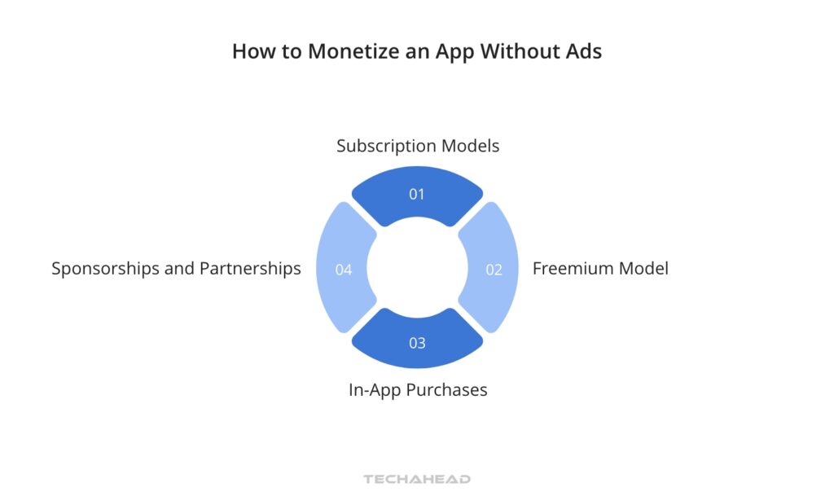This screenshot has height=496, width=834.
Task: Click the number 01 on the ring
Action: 417,195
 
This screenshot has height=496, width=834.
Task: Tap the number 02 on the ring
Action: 494,270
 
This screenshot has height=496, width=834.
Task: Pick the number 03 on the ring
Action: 417,343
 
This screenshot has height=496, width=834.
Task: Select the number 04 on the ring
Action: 344,270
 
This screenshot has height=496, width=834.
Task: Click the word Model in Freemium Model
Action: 644,268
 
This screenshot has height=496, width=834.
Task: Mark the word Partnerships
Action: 249,268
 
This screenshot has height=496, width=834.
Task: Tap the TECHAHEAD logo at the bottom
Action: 417,480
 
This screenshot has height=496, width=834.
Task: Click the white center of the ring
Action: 417,269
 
